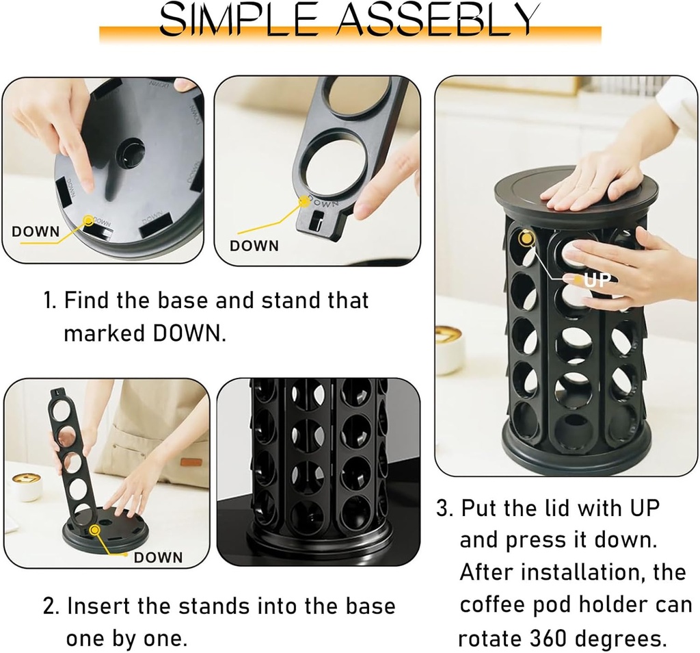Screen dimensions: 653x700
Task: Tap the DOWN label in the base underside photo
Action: tap(36, 231)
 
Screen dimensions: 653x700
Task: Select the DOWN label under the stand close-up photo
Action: tap(254, 245)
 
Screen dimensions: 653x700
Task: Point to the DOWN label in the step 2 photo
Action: tap(158, 557)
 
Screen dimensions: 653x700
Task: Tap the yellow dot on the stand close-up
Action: tap(303, 199)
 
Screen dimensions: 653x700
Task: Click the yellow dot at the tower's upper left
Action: tap(526, 238)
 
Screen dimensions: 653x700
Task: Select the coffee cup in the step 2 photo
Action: tap(26, 485)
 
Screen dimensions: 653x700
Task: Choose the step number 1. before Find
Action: tap(51, 300)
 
